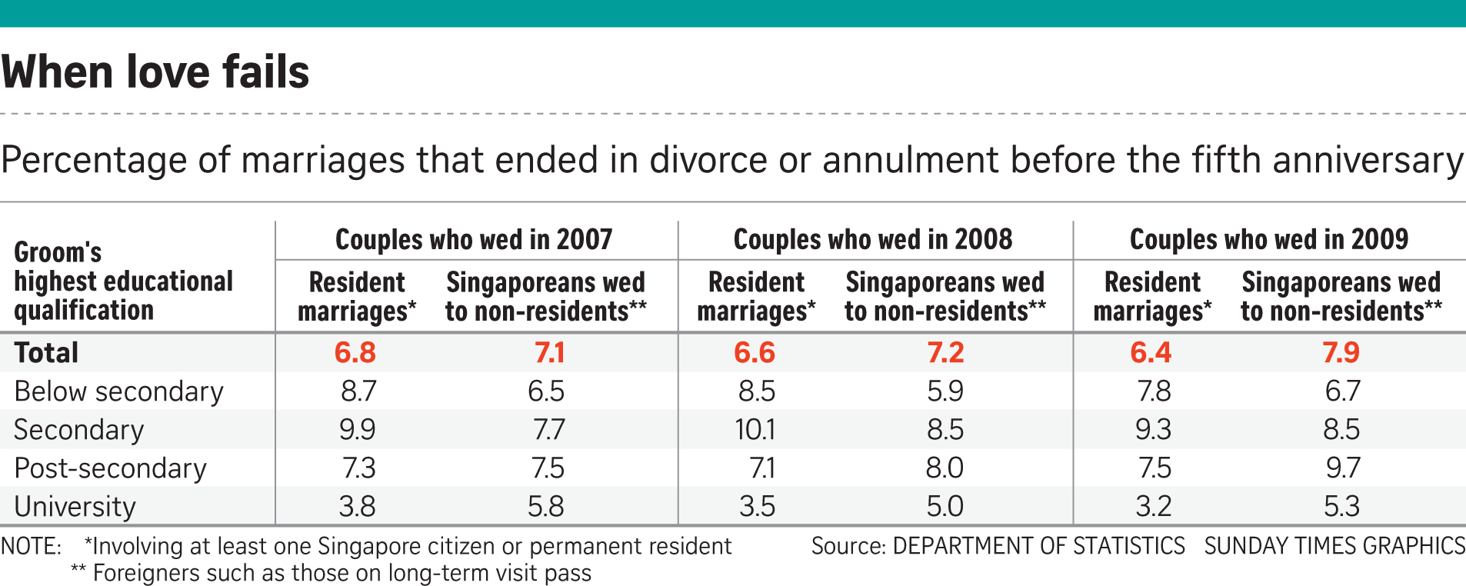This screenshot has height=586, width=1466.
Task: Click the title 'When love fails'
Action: pyautogui.click(x=155, y=72)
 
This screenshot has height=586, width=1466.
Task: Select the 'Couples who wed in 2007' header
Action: pyautogui.click(x=474, y=239)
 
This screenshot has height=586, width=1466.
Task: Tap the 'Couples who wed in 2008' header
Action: pyautogui.click(x=873, y=239)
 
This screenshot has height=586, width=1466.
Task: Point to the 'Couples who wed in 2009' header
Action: pyautogui.click(x=1269, y=239)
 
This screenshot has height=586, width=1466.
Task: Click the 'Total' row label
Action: pyautogui.click(x=46, y=353)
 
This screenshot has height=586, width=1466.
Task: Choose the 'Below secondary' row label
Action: pyautogui.click(x=118, y=391)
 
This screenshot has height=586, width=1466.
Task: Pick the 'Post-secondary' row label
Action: pyautogui.click(x=110, y=468)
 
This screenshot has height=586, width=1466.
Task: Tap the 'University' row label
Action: pyautogui.click(x=75, y=507)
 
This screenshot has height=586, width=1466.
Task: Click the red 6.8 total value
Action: pyautogui.click(x=355, y=353)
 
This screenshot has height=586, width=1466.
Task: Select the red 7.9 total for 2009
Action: pyautogui.click(x=1341, y=353)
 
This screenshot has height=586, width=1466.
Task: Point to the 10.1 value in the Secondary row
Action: pyautogui.click(x=755, y=430)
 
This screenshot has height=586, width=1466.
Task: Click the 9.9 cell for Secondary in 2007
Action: pyautogui.click(x=358, y=430)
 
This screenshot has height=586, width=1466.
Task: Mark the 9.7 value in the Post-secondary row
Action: pyautogui.click(x=1342, y=468)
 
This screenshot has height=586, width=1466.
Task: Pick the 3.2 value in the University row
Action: pyautogui.click(x=1154, y=507)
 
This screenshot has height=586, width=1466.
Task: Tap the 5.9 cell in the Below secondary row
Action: pyautogui.click(x=945, y=391)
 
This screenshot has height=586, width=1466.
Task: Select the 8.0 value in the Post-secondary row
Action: pyautogui.click(x=945, y=468)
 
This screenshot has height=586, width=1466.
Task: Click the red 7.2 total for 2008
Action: pyautogui.click(x=945, y=353)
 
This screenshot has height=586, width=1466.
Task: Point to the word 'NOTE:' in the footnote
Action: pyautogui.click(x=31, y=547)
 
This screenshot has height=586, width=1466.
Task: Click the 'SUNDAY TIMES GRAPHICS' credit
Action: pyautogui.click(x=1334, y=546)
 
